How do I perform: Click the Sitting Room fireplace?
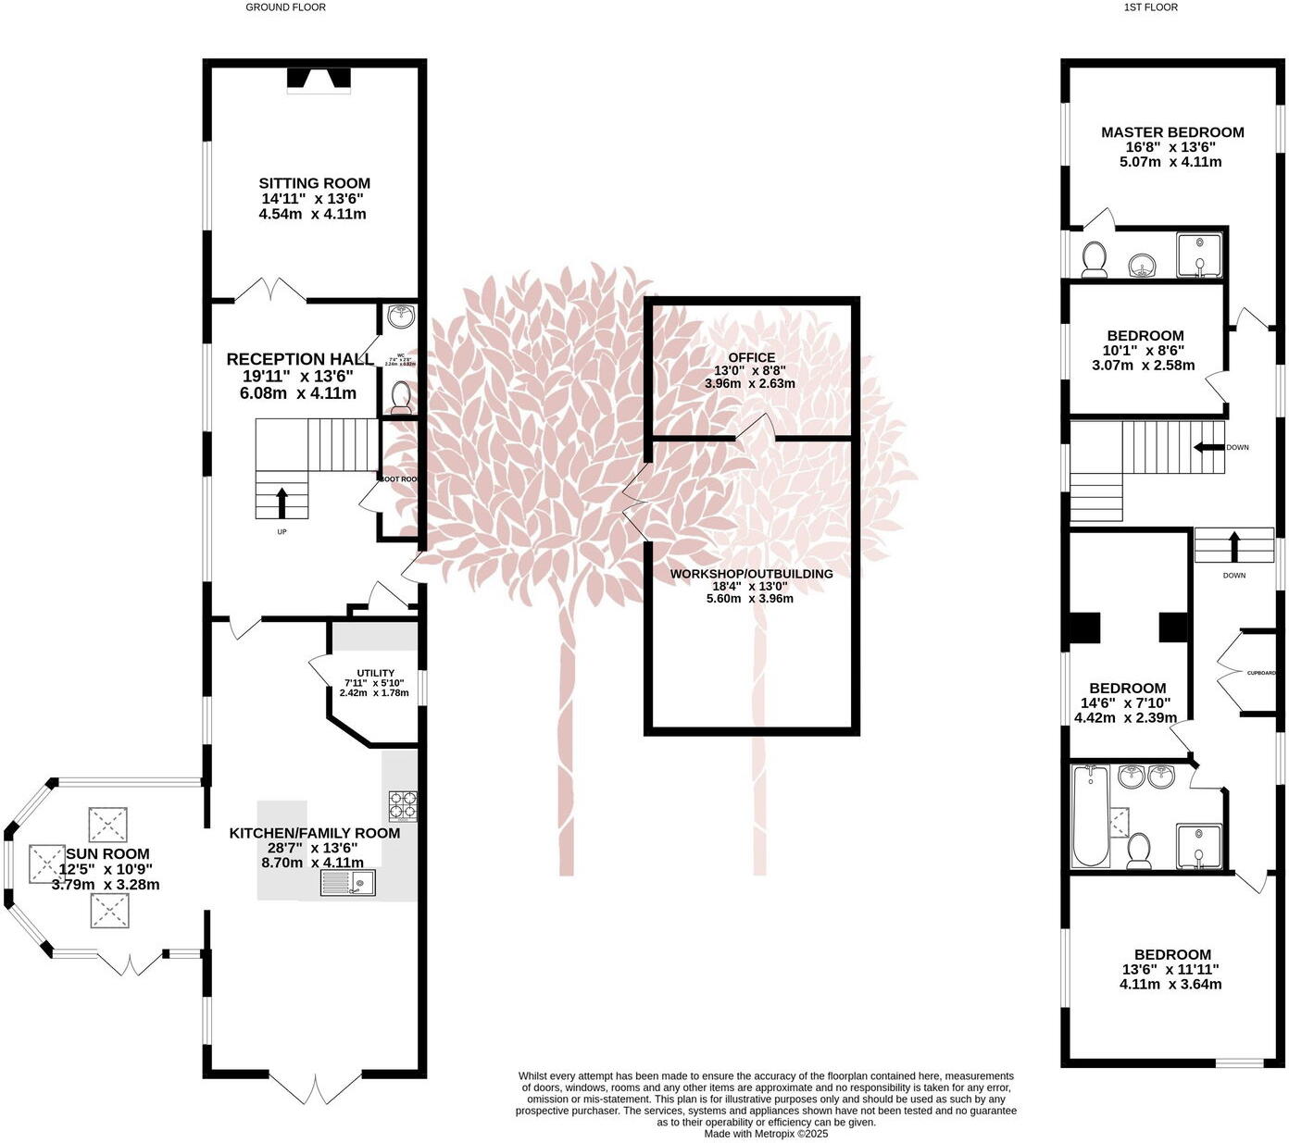click(318, 80)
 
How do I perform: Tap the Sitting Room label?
click(314, 183)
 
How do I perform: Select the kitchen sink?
click(348, 883)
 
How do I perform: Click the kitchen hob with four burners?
click(402, 805)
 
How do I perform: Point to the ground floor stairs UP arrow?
click(282, 503)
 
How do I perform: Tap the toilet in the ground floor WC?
click(401, 397)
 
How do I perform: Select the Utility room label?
click(375, 673)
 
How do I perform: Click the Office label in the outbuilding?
click(751, 357)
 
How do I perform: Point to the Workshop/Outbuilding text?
click(751, 574)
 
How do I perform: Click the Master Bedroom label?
click(1171, 132)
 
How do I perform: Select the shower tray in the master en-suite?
click(1200, 255)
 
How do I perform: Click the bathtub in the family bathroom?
click(1091, 816)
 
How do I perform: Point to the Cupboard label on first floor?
click(1260, 673)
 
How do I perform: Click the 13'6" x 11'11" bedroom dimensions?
click(1170, 970)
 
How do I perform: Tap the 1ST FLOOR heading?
click(1150, 7)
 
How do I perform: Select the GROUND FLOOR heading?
click(285, 7)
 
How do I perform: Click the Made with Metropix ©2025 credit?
click(766, 1133)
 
